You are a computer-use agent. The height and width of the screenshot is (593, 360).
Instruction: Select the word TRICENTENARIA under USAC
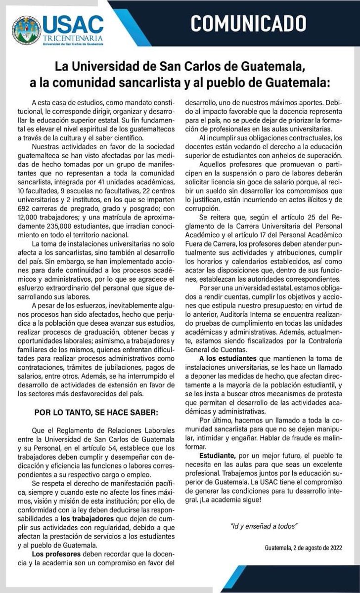coord(73,38)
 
